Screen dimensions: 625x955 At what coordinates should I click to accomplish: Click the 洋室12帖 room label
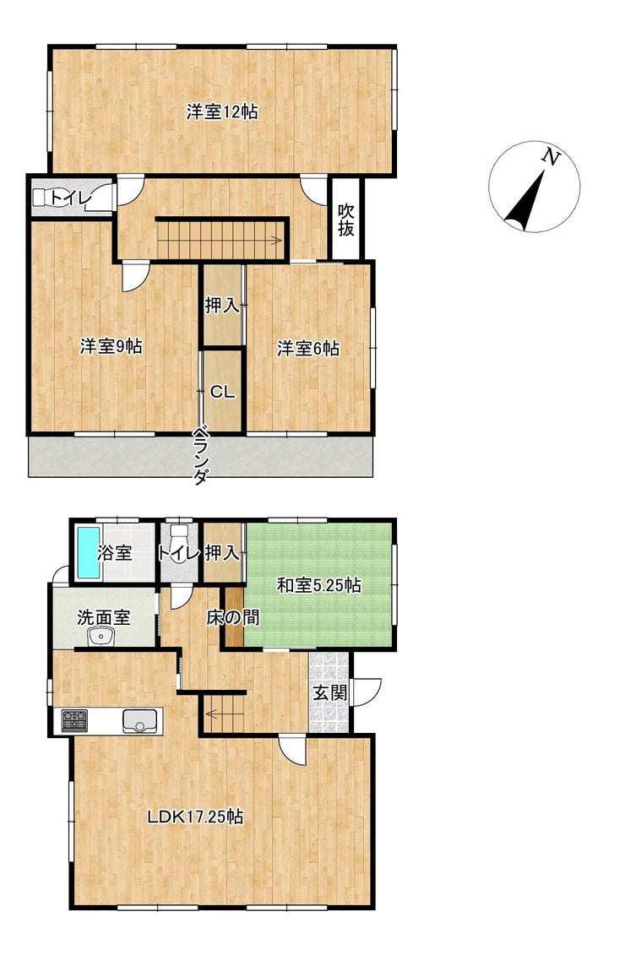(x=222, y=112)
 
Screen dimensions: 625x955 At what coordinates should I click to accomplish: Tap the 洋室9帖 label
(x=111, y=346)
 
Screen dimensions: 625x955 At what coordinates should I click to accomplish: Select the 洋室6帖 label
(x=308, y=349)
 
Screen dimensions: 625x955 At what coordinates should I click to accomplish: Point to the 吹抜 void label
(x=346, y=220)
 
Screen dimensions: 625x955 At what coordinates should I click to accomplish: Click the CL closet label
(x=222, y=393)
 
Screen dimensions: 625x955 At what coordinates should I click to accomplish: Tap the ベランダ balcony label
(x=200, y=455)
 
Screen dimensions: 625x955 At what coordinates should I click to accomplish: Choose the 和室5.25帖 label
(x=318, y=585)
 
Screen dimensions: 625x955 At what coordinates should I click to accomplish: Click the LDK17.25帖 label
(x=196, y=817)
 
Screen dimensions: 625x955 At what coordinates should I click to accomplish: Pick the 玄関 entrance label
(x=331, y=692)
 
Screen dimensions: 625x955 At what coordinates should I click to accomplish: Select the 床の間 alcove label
(x=233, y=617)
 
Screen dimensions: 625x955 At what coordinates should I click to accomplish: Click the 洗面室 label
(x=104, y=617)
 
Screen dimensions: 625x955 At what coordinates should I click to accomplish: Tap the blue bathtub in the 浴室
(x=88, y=554)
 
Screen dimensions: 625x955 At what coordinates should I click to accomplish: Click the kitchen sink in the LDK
(x=141, y=722)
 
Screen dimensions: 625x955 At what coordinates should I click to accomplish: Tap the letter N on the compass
(x=552, y=158)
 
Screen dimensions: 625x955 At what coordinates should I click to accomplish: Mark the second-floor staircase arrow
(x=221, y=240)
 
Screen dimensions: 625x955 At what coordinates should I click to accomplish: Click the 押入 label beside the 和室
(x=222, y=553)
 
